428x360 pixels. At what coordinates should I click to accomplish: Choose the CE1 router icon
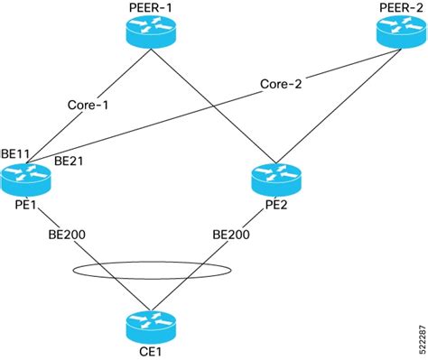pos(149,322)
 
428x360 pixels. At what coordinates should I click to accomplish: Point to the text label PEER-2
pos(398,8)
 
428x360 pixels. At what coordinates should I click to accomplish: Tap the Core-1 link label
pos(88,104)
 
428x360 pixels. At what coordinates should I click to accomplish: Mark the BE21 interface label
pos(69,161)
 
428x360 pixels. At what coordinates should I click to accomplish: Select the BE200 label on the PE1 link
pos(69,233)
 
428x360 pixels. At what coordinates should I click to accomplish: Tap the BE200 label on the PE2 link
pos(231,233)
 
